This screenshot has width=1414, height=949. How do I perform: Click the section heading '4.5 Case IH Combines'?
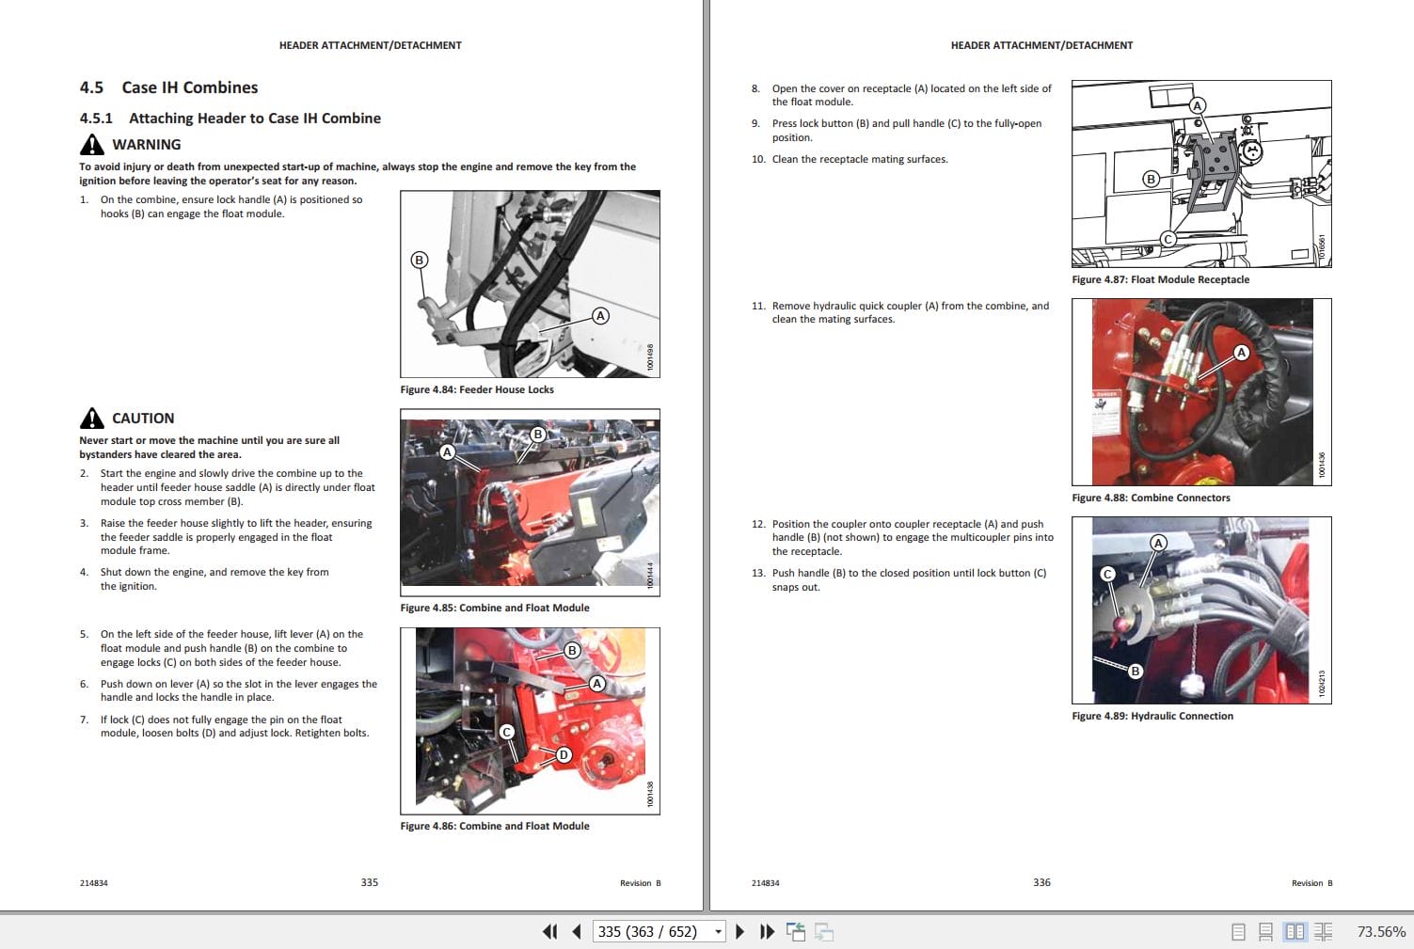(x=168, y=87)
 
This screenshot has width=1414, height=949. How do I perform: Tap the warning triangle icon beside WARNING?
(x=92, y=144)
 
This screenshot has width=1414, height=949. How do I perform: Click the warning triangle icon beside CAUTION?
(x=92, y=418)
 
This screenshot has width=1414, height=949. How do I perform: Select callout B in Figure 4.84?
(x=420, y=260)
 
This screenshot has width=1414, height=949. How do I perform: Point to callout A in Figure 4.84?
(x=600, y=316)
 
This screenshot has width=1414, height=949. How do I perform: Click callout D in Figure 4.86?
(x=564, y=754)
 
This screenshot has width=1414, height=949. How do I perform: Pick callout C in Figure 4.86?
(x=507, y=732)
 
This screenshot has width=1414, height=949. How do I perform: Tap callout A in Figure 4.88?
(x=1241, y=353)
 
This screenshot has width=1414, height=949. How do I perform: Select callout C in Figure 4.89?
(x=1107, y=574)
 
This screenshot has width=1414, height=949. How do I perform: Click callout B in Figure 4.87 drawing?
(x=1150, y=179)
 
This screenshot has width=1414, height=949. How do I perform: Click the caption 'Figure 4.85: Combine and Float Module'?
(x=495, y=608)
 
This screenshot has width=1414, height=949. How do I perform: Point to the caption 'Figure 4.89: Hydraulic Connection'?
(x=1152, y=716)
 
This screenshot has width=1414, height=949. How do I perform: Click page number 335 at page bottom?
(x=370, y=882)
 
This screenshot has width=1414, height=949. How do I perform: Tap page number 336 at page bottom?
(x=1041, y=882)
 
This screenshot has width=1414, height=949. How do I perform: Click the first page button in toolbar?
(x=550, y=931)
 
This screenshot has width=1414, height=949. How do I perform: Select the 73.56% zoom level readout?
(x=1380, y=931)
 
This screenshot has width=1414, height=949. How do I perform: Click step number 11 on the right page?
(x=758, y=306)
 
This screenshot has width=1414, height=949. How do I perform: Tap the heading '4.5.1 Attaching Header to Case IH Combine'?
(x=230, y=118)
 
